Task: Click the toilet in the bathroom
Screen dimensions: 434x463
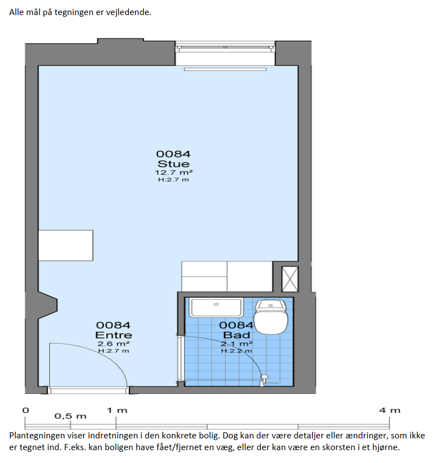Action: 271,317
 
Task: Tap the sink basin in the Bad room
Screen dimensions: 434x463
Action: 216,308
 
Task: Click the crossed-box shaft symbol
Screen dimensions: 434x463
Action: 290,279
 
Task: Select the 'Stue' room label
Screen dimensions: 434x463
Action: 173,164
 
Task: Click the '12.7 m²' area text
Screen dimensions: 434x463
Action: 174,173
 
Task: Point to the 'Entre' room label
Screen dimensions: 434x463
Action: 114,335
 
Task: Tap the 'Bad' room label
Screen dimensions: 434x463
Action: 236,335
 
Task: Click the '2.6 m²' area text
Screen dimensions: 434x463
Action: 114,343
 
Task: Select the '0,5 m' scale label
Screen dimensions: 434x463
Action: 70,416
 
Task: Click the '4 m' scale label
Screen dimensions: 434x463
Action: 390,410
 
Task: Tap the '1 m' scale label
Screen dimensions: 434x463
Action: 117,410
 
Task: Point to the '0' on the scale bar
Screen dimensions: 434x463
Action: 26,410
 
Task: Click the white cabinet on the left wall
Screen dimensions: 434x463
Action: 65,245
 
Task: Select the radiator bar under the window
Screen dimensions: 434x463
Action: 225,69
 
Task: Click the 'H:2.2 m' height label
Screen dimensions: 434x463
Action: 236,351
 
